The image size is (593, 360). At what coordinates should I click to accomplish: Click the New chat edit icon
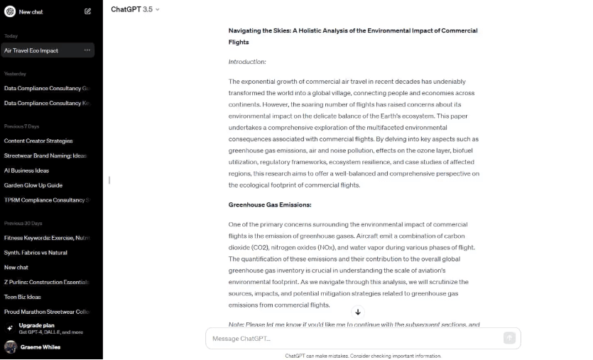[87, 11]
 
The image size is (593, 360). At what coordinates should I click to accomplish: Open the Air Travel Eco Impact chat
[32, 50]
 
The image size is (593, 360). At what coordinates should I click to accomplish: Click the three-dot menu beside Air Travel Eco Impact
[87, 50]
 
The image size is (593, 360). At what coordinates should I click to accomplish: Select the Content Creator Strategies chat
[38, 141]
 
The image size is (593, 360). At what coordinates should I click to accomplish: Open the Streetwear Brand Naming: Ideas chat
[45, 156]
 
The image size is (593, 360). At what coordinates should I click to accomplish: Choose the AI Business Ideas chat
[26, 170]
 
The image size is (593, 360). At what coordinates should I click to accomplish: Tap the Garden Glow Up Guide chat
[33, 185]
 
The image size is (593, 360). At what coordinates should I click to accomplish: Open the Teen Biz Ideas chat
[23, 297]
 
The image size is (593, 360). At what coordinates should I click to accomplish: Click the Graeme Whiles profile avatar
[11, 347]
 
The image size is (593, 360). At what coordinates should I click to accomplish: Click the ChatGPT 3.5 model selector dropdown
[135, 9]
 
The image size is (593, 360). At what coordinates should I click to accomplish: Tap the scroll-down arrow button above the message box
[358, 312]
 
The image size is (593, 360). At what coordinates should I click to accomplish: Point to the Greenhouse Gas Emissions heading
[270, 204]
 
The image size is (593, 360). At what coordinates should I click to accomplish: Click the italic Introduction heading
[247, 62]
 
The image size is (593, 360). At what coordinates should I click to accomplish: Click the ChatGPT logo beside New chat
[10, 11]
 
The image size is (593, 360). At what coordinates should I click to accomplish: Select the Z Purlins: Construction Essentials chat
[47, 282]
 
